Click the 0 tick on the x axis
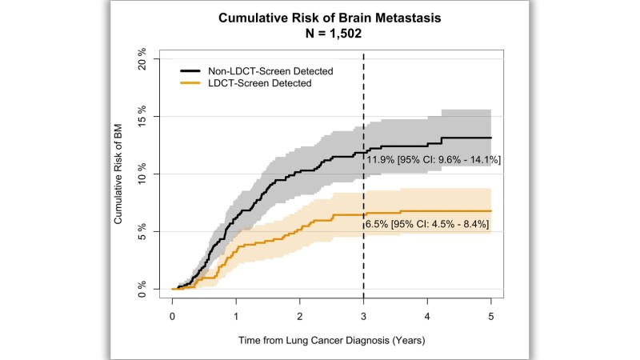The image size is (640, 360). coord(172,317)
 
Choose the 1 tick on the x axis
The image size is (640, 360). coord(236,317)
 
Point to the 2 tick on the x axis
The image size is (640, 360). coord(300,317)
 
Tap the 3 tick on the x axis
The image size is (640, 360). coord(364,317)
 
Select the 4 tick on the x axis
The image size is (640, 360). coord(428,317)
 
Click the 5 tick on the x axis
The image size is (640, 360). coord(491,317)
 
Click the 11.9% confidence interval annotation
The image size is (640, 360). coord(434,161)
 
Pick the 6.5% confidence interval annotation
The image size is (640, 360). coord(427,225)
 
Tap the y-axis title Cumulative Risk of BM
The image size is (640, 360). coord(118,174)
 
